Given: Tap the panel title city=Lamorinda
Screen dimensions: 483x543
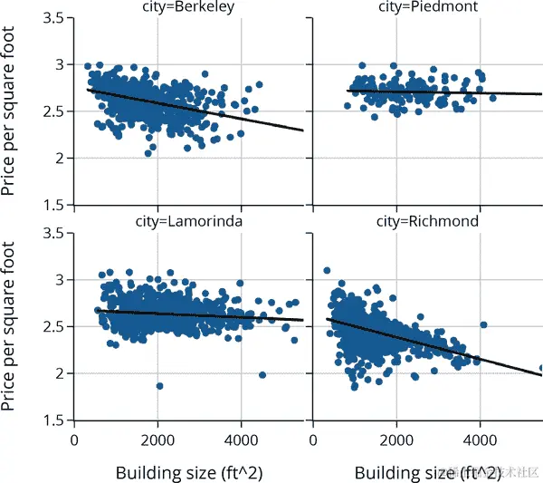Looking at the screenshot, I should (188, 221).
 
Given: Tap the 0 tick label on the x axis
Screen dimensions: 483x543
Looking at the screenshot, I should (74, 440).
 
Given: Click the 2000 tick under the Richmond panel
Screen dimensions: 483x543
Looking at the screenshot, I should (396, 440).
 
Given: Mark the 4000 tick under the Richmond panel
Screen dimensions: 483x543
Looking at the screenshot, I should (480, 440).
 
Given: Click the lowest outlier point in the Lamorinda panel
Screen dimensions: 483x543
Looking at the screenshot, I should (159, 386).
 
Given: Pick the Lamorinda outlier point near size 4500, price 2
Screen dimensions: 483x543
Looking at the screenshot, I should (262, 375).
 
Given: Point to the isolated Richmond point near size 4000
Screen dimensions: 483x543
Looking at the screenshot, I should (483, 324).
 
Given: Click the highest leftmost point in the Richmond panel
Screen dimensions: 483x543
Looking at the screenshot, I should (327, 270).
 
